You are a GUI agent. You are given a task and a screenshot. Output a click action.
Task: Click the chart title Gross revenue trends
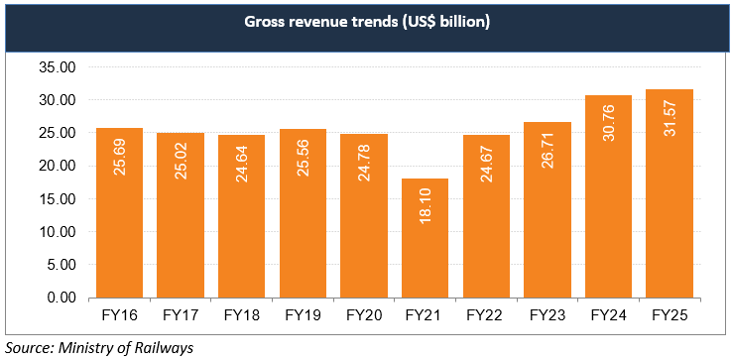coord(365,23)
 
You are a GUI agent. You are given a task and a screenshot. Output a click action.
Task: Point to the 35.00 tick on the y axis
coord(58,68)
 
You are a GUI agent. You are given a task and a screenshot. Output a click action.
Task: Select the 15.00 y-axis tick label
coord(58,199)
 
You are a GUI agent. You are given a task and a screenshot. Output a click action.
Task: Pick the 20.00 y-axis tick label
coord(58,167)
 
